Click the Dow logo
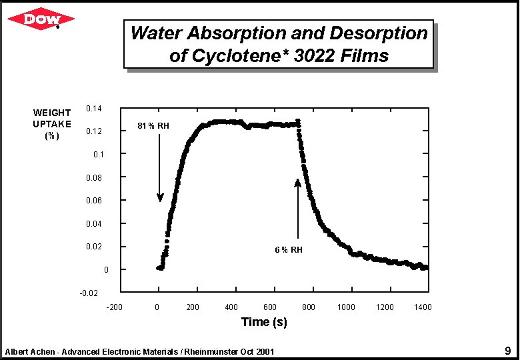pyautogui.click(x=41, y=20)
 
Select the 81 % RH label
pyautogui.click(x=153, y=125)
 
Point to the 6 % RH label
pyautogui.click(x=289, y=250)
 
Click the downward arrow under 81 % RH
pyautogui.click(x=160, y=167)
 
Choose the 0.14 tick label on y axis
pyautogui.click(x=94, y=108)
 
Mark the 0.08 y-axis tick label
pyautogui.click(x=94, y=177)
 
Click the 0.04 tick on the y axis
pyautogui.click(x=94, y=223)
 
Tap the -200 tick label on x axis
pyautogui.click(x=114, y=307)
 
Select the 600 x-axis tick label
pyautogui.click(x=269, y=307)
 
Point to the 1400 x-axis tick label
pyautogui.click(x=423, y=307)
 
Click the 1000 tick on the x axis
pyautogui.click(x=346, y=307)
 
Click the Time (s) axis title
pyautogui.click(x=264, y=322)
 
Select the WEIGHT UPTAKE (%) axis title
pyautogui.click(x=51, y=124)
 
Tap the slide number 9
pyautogui.click(x=507, y=351)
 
